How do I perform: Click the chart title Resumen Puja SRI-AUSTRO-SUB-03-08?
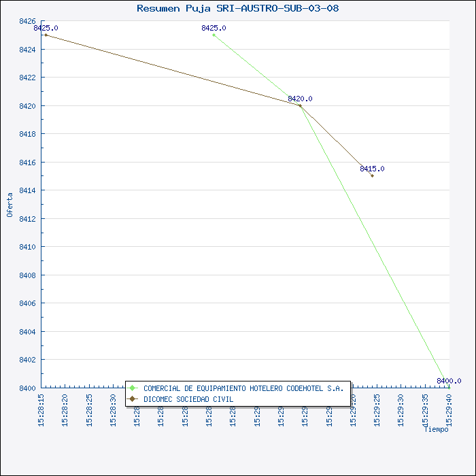(x=237, y=9)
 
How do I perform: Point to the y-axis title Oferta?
(x=10, y=205)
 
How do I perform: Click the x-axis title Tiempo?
(x=436, y=429)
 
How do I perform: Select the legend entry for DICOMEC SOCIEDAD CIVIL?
(x=188, y=399)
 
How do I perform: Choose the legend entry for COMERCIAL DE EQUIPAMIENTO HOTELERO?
(x=243, y=388)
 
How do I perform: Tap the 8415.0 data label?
(x=372, y=169)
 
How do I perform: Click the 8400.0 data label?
(x=449, y=381)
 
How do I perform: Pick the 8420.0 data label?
(x=300, y=99)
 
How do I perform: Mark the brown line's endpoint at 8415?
(x=372, y=176)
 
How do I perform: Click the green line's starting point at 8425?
(x=214, y=35)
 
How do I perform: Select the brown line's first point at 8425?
(x=46, y=35)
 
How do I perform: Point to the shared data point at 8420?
(x=300, y=105)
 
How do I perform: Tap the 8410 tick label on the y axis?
(x=27, y=247)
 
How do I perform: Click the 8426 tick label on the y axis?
(x=27, y=21)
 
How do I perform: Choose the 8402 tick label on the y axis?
(x=27, y=360)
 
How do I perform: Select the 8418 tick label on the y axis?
(x=27, y=134)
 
